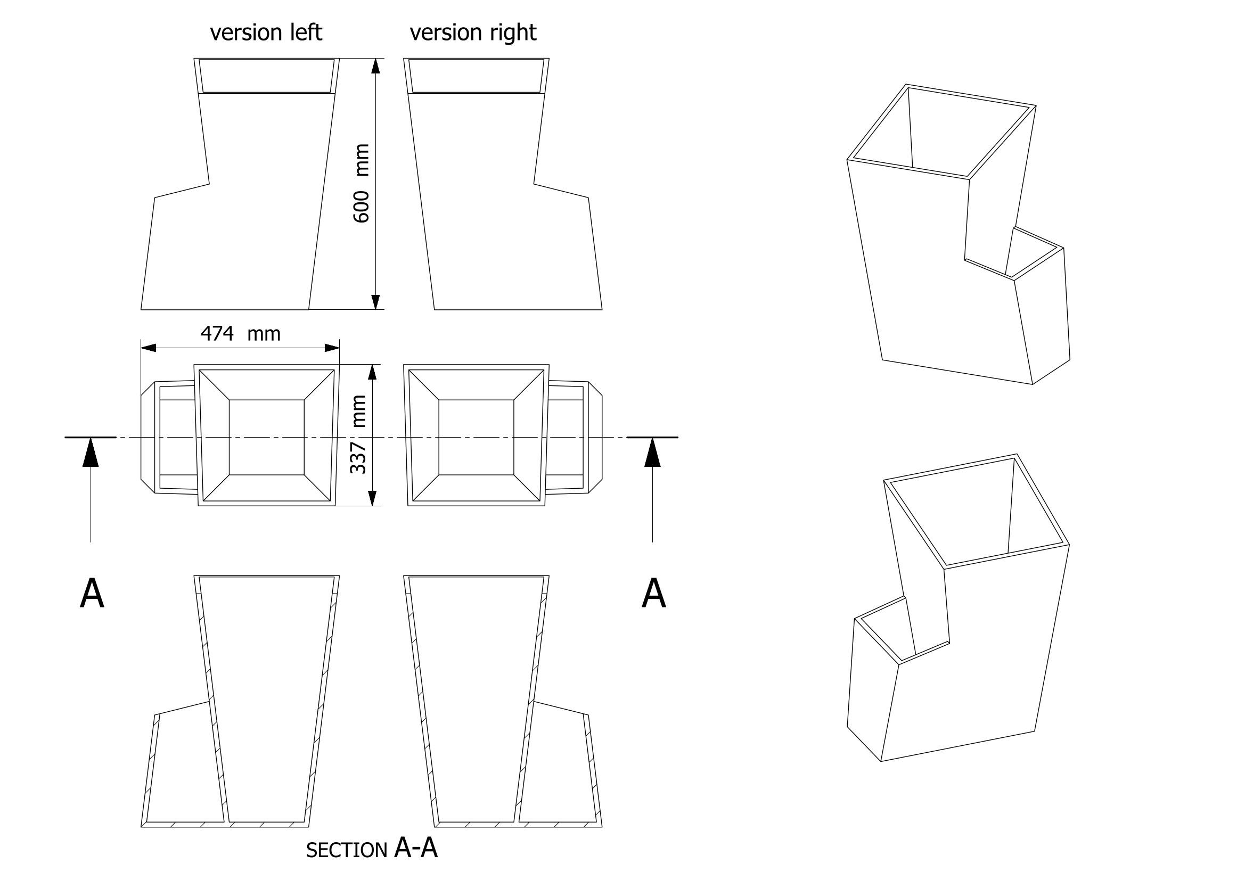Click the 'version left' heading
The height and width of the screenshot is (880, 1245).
[266, 32]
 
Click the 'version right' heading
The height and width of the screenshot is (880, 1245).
[473, 32]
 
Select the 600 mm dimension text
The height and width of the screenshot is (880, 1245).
[361, 183]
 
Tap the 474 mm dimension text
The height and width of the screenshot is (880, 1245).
[241, 333]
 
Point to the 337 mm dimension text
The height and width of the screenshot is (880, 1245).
[359, 434]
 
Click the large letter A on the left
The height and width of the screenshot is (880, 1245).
[92, 594]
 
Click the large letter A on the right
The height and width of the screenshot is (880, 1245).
[653, 594]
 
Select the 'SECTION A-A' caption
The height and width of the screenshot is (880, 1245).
[372, 848]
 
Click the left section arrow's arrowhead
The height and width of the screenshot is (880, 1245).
[91, 453]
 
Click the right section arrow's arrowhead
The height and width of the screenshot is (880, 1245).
[652, 453]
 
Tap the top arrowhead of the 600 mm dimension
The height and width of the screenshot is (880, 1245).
[375, 65]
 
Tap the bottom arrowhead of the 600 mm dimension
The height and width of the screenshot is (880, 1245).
[375, 302]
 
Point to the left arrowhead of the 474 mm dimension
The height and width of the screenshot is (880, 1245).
[149, 348]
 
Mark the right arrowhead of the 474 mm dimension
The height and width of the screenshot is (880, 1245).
[332, 348]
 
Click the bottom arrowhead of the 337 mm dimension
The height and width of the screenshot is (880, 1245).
[373, 498]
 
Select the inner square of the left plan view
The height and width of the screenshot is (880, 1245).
[266, 437]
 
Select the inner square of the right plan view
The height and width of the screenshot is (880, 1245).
[476, 437]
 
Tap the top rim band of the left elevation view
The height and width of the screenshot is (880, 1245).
[266, 76]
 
